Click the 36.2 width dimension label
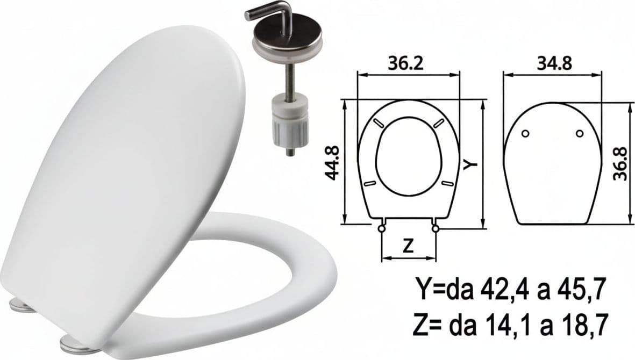tap(405, 63)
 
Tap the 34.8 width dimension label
tap(554, 63)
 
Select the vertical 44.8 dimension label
tap(333, 163)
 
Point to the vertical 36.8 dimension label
tap(620, 164)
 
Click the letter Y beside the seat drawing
tap(472, 164)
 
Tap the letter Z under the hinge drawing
tap(409, 246)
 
